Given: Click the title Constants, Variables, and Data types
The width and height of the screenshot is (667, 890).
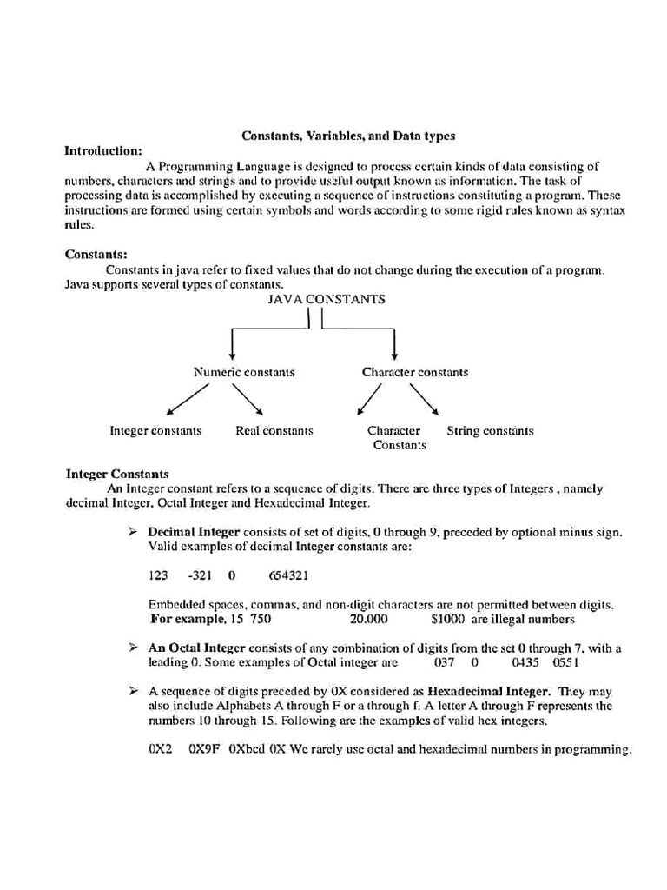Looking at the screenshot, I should click(347, 136).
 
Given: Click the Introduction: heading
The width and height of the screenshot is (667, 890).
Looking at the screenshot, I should click(103, 150).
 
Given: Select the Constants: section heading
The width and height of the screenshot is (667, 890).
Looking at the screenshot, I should click(96, 255).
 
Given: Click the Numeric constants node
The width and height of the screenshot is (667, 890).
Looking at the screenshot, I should click(244, 372).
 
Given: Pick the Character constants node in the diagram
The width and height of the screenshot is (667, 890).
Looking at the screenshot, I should click(414, 372).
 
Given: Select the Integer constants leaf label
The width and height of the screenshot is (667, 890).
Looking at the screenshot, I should click(155, 431).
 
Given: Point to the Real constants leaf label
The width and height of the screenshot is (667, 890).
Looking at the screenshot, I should click(274, 431).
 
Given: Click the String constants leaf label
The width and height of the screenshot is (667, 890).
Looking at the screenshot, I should click(490, 431).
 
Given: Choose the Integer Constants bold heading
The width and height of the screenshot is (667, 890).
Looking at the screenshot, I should click(117, 475).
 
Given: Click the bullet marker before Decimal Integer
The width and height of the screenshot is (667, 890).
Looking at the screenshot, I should click(134, 531).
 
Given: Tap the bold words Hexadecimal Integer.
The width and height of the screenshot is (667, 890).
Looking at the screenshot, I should click(489, 692).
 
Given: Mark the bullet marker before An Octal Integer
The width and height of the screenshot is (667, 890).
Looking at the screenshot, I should click(134, 648).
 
